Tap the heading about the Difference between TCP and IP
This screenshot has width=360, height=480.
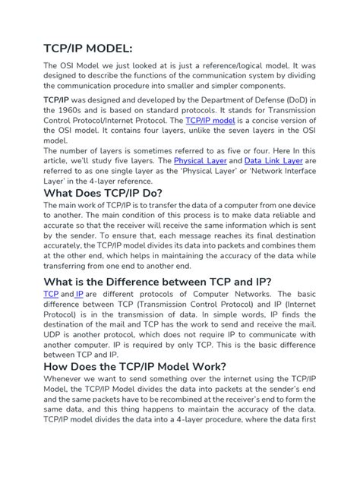157,283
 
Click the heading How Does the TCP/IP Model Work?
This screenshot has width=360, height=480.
134,366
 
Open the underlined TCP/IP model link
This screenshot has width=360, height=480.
210,120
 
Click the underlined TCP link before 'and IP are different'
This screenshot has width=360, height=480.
51,294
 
